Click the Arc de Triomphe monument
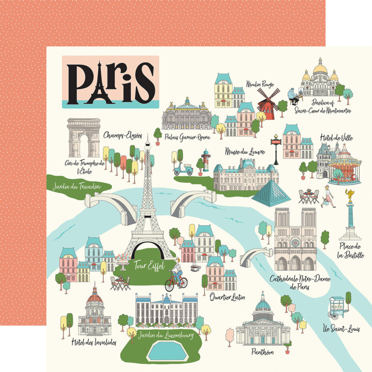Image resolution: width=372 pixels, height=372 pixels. coord(84,138)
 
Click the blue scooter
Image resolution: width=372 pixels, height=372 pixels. coord(183,170)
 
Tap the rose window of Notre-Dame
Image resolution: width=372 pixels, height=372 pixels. coord(295,243)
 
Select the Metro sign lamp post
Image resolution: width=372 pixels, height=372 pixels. coord(276,149)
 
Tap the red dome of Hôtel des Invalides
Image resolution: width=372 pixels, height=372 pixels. coord(94,298)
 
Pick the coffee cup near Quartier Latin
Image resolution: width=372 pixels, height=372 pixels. coord(195,268)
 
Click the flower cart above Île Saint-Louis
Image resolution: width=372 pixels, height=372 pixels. coord(337,307)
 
